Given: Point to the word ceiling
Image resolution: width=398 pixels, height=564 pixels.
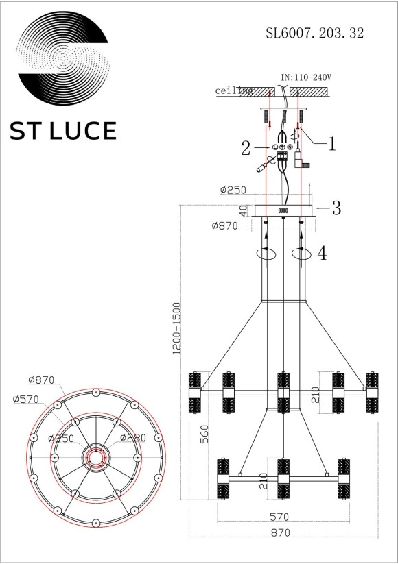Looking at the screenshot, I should (234, 90).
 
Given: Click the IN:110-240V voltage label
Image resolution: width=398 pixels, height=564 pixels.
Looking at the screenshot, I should (307, 79).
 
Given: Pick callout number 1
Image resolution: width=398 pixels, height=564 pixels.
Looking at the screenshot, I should (331, 144).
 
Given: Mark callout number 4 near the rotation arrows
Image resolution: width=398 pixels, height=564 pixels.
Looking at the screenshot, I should (322, 253).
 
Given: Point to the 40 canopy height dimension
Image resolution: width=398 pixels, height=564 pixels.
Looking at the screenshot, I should (243, 210).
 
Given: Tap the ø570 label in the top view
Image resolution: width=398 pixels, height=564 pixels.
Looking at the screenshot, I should (25, 400).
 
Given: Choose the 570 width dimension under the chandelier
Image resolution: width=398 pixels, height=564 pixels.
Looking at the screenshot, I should (279, 517).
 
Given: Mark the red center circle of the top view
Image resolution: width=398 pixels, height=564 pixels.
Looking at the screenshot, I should (94, 456).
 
